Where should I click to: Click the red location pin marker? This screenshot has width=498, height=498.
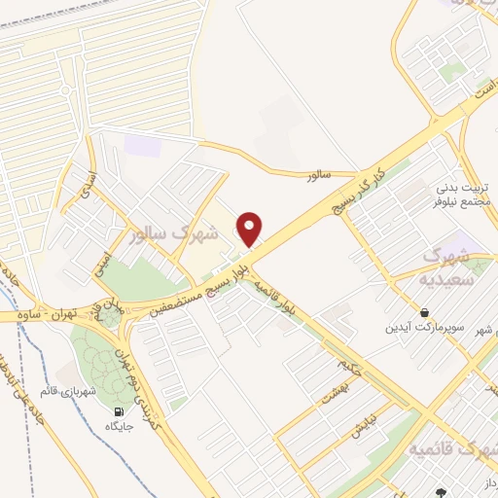(x=251, y=228)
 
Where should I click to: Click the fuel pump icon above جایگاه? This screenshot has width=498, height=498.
(x=121, y=410)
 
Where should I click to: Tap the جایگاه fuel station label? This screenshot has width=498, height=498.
(x=121, y=426)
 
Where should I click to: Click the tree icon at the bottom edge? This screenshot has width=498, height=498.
(x=439, y=494)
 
